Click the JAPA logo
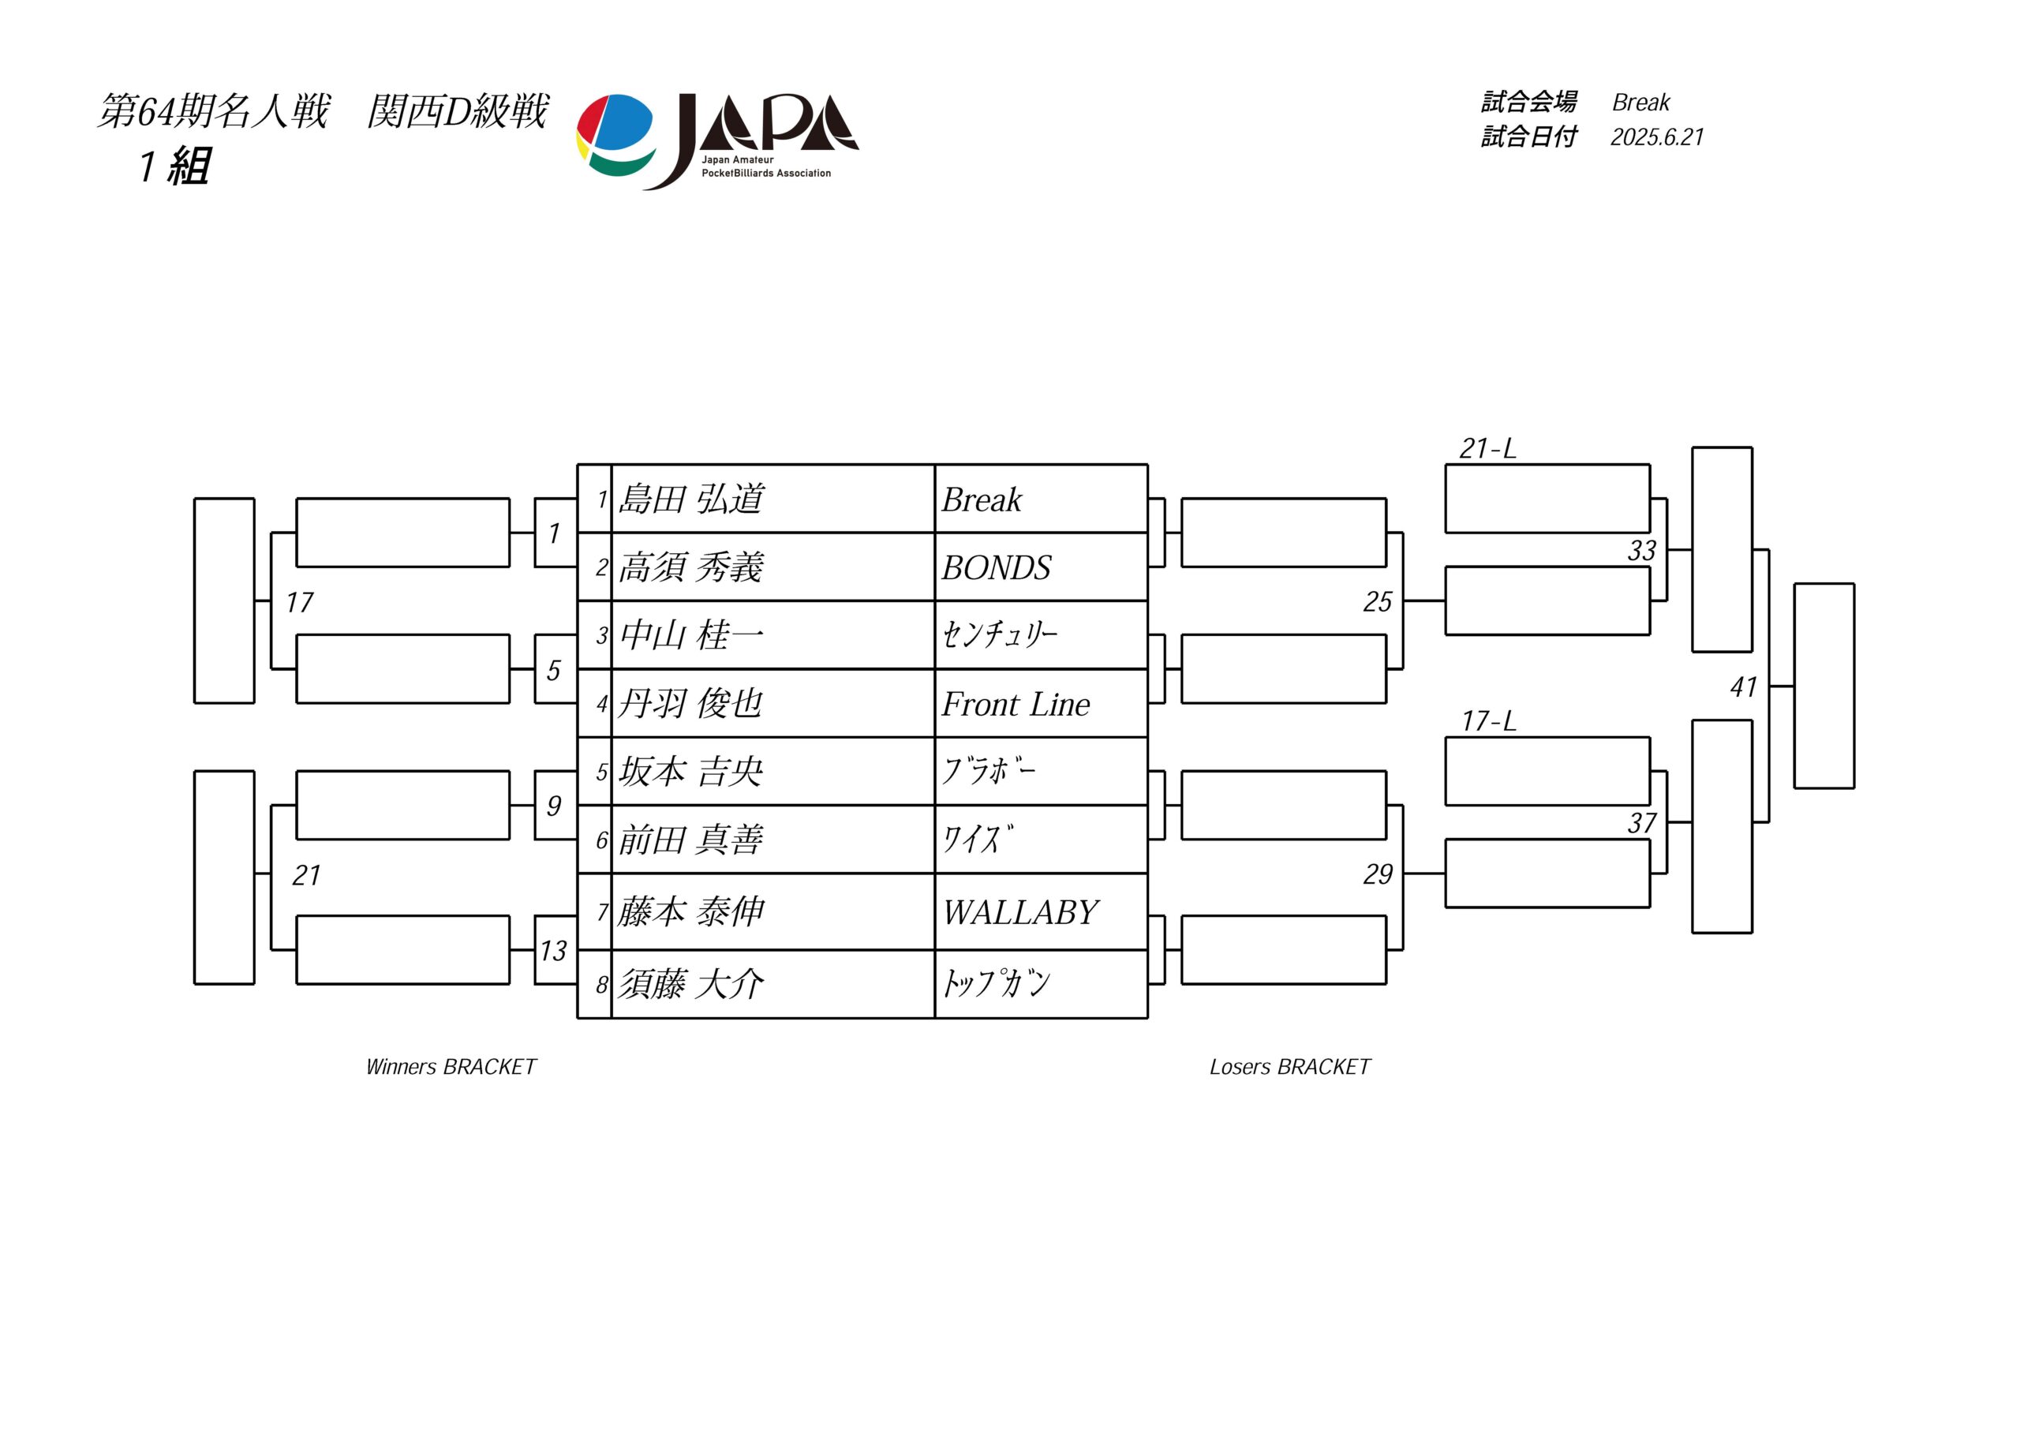coord(717,140)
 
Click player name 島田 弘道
coord(691,499)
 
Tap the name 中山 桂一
coord(691,635)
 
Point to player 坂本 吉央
coord(690,772)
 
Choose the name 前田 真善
coord(690,840)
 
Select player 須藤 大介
coord(690,984)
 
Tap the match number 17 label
coord(299,603)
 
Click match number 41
coord(1744,686)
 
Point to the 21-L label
coord(1487,449)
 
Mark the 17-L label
coord(1489,721)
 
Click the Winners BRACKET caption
coord(451,1067)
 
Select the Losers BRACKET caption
coord(1290,1067)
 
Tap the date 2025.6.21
coord(1658,137)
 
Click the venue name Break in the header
coord(1640,102)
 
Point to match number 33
coord(1642,550)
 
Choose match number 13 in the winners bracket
coord(553,950)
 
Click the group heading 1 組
coord(175,166)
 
